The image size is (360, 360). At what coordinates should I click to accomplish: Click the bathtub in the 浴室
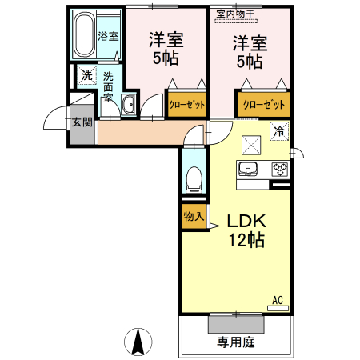pyautogui.click(x=83, y=35)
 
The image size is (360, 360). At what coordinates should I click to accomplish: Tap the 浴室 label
pyautogui.click(x=108, y=37)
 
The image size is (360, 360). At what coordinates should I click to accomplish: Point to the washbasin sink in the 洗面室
pyautogui.click(x=129, y=103)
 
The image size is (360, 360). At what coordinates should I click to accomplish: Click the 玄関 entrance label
pyautogui.click(x=82, y=122)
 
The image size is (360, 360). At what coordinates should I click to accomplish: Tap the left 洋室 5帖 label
pyautogui.click(x=166, y=49)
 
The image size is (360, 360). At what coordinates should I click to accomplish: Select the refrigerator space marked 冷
pyautogui.click(x=279, y=131)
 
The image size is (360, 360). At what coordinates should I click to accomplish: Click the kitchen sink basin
pyautogui.click(x=247, y=169)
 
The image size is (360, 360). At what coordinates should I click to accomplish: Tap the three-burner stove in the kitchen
pyautogui.click(x=280, y=169)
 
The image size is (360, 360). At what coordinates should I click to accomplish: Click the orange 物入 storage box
pyautogui.click(x=194, y=217)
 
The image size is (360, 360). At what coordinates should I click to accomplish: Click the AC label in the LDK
pyautogui.click(x=278, y=301)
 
